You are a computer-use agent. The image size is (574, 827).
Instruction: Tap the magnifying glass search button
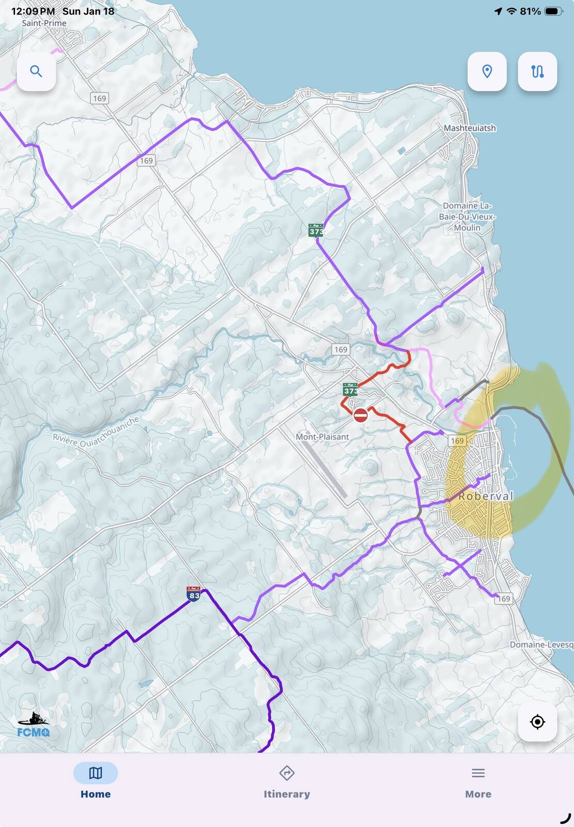(36, 71)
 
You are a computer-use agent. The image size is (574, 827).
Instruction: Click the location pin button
(487, 71)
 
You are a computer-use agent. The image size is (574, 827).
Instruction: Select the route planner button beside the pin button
(537, 71)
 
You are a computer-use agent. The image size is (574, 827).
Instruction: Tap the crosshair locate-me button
(537, 722)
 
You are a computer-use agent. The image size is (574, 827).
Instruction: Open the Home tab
(96, 781)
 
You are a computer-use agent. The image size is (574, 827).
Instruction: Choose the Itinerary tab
(287, 781)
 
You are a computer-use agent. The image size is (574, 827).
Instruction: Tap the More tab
(478, 781)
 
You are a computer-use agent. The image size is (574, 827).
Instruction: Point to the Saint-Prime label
(44, 23)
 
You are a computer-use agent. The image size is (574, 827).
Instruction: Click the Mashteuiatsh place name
(470, 128)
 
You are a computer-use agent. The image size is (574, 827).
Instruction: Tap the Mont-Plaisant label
(322, 437)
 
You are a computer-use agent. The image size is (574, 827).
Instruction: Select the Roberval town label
(486, 496)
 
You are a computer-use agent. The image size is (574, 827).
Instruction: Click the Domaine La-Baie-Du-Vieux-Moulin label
(467, 217)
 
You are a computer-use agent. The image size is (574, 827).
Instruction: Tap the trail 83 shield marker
(194, 593)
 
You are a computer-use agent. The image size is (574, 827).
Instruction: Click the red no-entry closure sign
(361, 415)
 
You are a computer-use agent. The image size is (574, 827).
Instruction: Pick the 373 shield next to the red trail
(350, 389)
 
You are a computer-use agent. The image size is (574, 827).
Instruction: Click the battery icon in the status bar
(553, 11)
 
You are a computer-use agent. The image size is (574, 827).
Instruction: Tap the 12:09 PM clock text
(33, 11)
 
